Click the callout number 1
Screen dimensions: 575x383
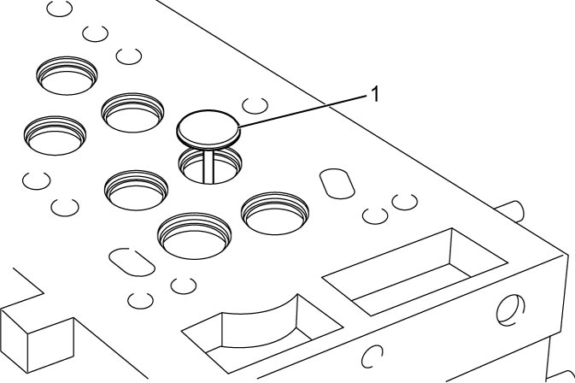click(x=374, y=94)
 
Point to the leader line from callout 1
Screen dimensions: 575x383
click(x=302, y=111)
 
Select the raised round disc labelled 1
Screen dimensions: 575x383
click(x=208, y=129)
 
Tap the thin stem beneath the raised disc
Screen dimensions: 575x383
click(x=208, y=167)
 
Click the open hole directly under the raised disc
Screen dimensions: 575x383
click(x=210, y=165)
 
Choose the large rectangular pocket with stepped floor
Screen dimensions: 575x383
click(x=414, y=272)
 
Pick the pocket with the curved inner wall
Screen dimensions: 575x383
click(x=262, y=331)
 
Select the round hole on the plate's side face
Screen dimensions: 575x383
click(x=510, y=310)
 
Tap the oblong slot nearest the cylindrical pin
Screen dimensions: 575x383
click(x=337, y=184)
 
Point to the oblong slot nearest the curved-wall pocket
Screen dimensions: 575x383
click(x=132, y=262)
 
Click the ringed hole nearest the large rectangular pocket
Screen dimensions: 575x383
click(x=274, y=213)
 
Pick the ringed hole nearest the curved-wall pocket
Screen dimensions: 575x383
click(x=194, y=235)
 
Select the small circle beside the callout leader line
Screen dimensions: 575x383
click(x=255, y=106)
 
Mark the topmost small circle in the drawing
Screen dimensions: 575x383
click(x=60, y=9)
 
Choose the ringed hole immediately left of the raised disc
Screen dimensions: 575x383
click(x=132, y=112)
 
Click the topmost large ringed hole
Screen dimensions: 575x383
click(x=67, y=75)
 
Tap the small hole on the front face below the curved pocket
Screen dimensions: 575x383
click(x=372, y=356)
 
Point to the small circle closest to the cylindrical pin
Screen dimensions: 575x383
click(x=404, y=202)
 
